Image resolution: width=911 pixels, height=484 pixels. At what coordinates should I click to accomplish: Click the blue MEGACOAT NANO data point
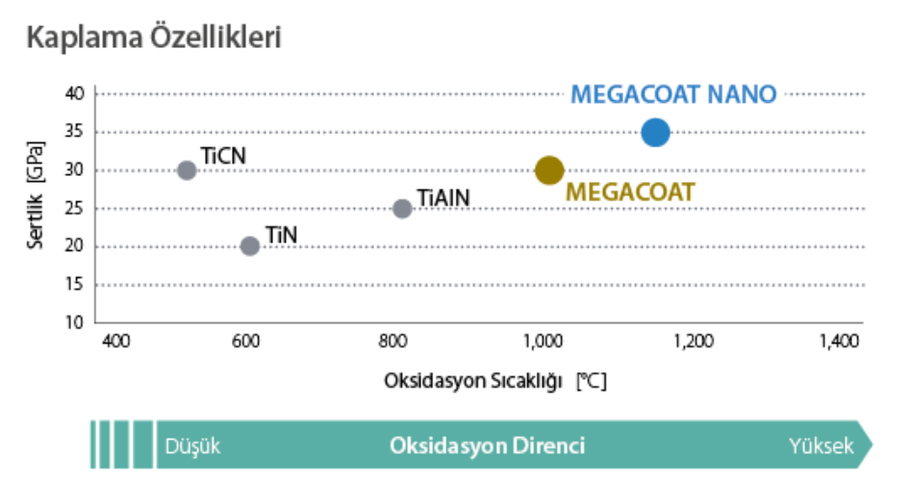point(655,132)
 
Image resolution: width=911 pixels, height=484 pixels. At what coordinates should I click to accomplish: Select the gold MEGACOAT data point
point(548,170)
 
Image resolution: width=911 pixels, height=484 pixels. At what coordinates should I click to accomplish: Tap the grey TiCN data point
point(187,170)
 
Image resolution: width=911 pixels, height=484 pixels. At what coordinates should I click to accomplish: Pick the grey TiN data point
point(250,246)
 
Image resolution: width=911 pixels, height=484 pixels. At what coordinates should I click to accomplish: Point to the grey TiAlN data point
point(402,209)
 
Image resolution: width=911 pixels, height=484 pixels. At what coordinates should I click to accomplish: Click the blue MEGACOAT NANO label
point(673,94)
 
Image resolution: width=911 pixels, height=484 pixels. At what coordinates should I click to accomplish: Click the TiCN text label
point(224,154)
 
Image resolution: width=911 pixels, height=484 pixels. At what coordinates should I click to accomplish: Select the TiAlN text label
point(443,197)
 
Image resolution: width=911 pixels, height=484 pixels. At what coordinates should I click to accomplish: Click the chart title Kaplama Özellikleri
point(154,38)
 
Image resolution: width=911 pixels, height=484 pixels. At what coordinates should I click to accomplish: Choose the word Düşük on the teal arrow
point(193,446)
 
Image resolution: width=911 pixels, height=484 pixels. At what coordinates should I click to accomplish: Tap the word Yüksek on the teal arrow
point(822,446)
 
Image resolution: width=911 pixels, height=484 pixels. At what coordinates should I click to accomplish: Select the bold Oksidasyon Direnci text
point(487,446)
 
